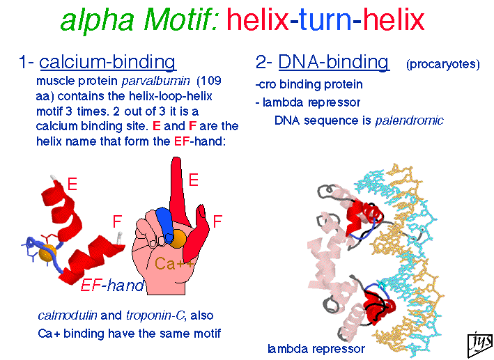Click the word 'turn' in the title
tap(325, 19)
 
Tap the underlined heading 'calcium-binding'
tap(107, 62)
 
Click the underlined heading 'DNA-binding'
tap(333, 61)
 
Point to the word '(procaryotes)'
tap(443, 64)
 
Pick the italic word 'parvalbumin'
tap(155, 81)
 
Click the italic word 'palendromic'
tap(409, 120)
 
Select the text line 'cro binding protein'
tap(309, 84)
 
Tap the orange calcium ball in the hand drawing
tap(178, 238)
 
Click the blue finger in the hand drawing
tap(164, 224)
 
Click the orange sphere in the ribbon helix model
tap(47, 253)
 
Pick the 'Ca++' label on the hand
tap(173, 263)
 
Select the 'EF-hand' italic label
tap(112, 285)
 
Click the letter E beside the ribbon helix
tap(72, 184)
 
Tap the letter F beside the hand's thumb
tap(217, 221)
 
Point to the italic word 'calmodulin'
tap(68, 315)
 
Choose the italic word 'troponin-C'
tap(155, 315)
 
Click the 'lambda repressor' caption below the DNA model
tap(316, 349)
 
